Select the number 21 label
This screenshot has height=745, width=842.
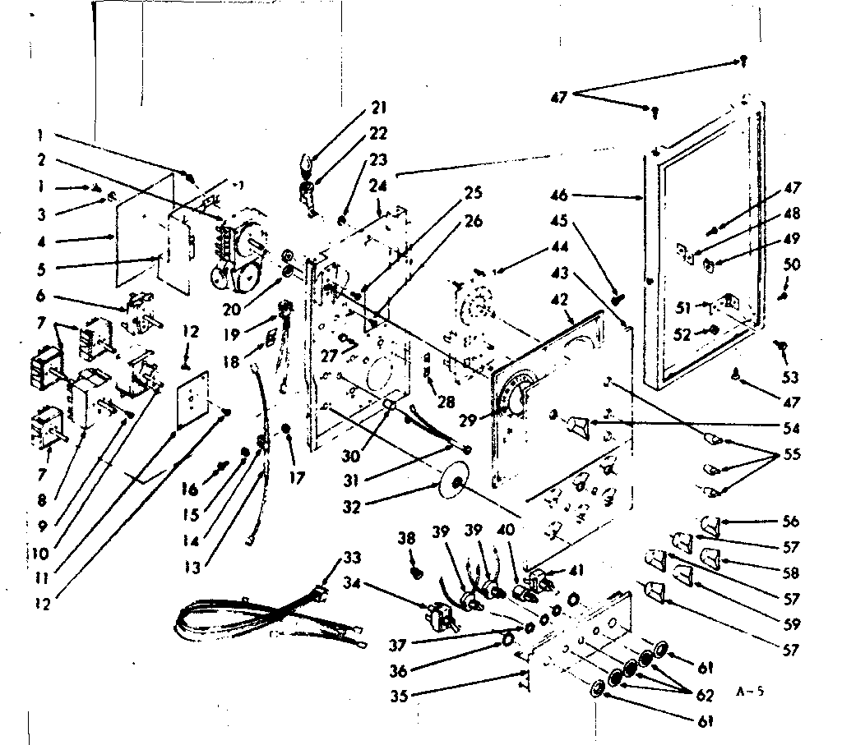click(x=378, y=108)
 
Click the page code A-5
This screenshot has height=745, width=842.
click(x=749, y=692)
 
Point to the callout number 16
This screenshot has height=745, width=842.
click(x=190, y=490)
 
